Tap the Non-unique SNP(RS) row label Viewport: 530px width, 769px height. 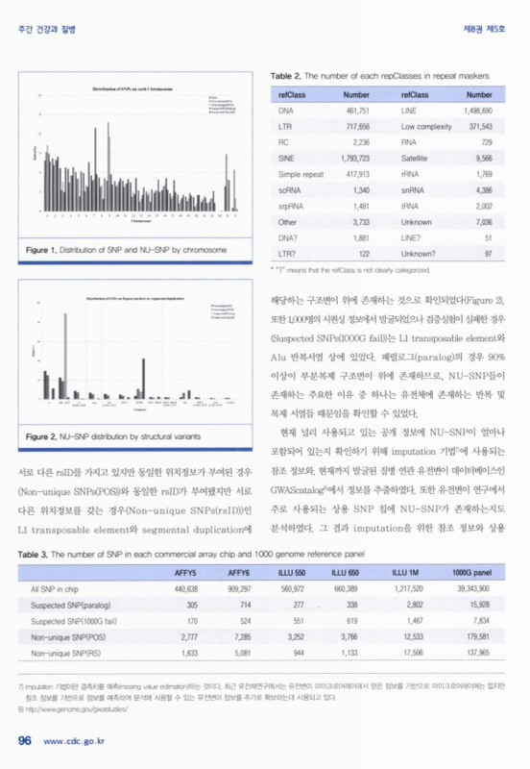pos(65,652)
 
